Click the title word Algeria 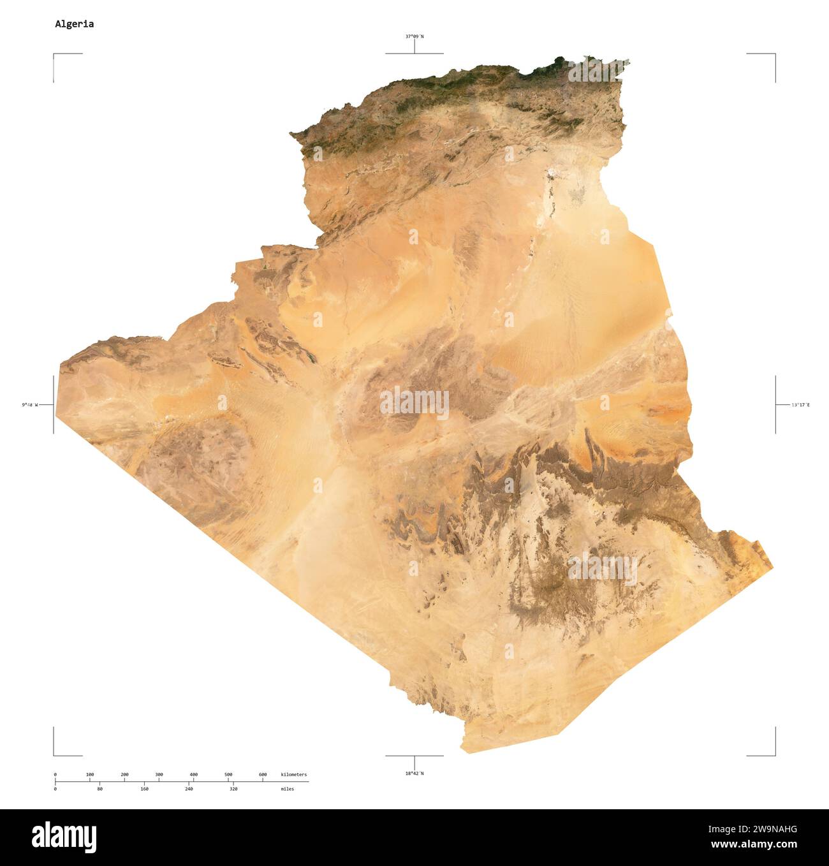74,24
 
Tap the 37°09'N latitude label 414,36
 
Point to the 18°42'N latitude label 414,774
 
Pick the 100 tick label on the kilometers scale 90,775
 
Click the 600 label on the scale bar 263,775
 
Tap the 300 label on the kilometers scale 159,775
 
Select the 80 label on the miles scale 99,789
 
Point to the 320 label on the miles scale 233,789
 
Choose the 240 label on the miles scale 189,789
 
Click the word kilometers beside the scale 293,775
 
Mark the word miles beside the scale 287,789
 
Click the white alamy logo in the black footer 64,836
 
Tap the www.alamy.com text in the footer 754,845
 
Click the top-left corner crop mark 55,55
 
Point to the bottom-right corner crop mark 774,754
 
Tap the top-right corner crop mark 774,55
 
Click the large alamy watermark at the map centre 414,404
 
